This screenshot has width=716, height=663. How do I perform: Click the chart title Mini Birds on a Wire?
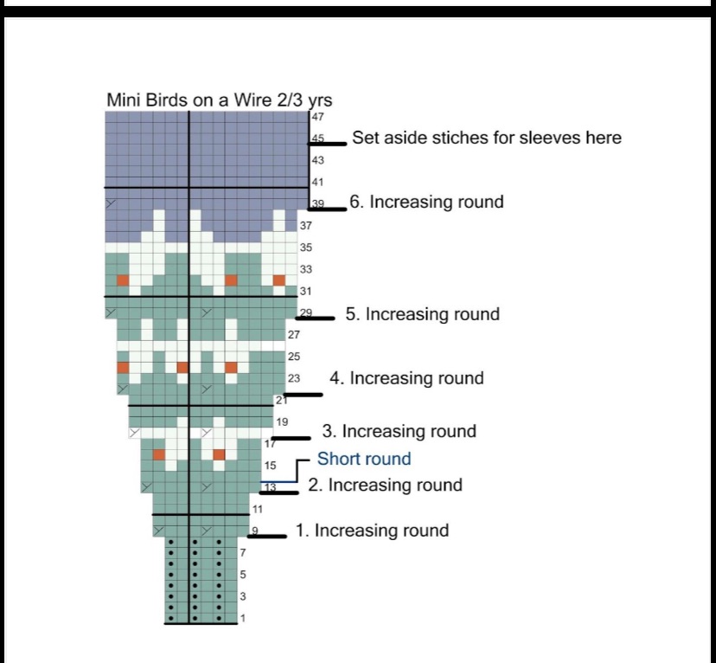219,100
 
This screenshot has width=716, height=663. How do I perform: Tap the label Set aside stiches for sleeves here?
486,138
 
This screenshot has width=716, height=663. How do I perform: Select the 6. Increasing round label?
426,202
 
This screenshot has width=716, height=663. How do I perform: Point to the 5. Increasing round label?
422,313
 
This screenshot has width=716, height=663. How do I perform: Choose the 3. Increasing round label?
399,431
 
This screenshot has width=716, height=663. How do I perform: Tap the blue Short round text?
363,459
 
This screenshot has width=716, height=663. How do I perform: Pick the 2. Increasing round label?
385,485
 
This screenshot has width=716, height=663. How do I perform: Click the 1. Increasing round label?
372,531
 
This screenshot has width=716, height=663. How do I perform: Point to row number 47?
317,117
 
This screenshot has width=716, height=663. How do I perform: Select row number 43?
317,160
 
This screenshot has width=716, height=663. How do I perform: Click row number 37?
305,226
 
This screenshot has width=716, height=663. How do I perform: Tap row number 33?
305,269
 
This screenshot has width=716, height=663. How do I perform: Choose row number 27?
293,334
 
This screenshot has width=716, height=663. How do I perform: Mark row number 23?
293,378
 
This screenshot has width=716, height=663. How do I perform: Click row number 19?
282,422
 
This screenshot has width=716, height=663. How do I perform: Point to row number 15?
270,466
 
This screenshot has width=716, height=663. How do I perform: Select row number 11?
258,508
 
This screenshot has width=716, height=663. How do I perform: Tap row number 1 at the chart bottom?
243,618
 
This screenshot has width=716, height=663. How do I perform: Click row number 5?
243,574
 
